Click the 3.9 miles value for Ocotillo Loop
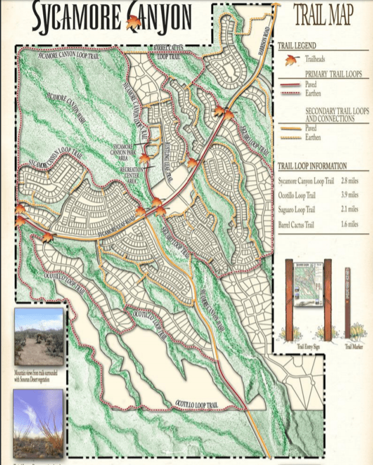349,195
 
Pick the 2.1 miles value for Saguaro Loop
349,209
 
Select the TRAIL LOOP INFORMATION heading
312,166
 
